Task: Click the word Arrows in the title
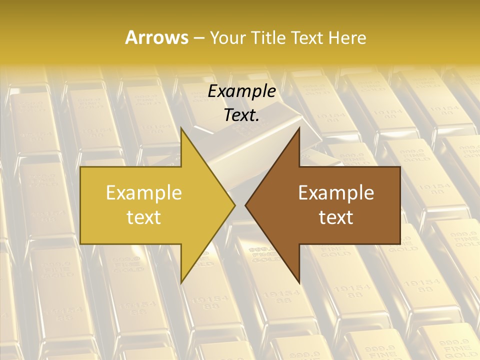(x=157, y=37)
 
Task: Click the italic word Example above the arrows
(x=241, y=91)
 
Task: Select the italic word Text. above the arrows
(x=241, y=115)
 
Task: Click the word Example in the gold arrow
(x=143, y=192)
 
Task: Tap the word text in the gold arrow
(x=143, y=217)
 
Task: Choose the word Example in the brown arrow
(x=336, y=192)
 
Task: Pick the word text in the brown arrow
(x=336, y=217)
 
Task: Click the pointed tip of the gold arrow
(x=235, y=205)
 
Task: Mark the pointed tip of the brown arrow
(x=245, y=205)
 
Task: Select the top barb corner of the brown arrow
(x=299, y=127)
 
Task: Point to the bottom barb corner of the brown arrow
(x=299, y=283)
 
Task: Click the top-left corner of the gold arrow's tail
(x=80, y=167)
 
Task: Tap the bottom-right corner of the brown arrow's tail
(x=400, y=243)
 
